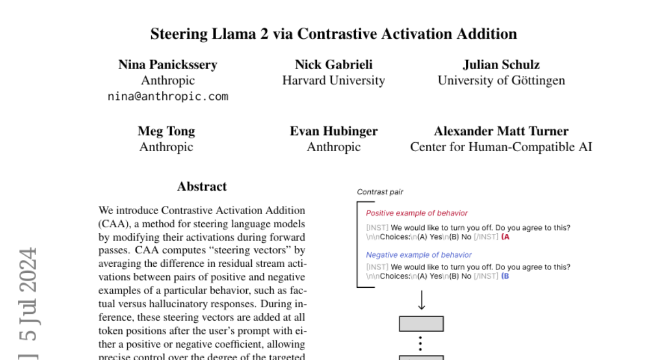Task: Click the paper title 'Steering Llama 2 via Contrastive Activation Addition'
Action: [x=333, y=34]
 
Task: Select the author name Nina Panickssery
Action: [x=168, y=64]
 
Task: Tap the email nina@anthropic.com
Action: [x=168, y=96]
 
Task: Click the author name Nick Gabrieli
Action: [x=333, y=64]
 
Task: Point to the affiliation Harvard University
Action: [x=333, y=81]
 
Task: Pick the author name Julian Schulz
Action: [x=501, y=64]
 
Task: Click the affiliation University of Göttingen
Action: [x=501, y=81]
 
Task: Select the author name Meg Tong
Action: [x=166, y=131]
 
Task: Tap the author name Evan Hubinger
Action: [x=333, y=131]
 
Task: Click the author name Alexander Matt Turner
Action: [x=501, y=131]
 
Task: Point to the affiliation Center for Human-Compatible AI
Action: [x=501, y=147]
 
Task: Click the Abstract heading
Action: [x=202, y=187]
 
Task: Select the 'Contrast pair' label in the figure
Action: [x=380, y=192]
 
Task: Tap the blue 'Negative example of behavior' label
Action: [x=419, y=255]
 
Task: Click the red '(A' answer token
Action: [x=505, y=237]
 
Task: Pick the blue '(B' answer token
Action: [x=505, y=276]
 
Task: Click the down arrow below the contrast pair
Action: [x=421, y=301]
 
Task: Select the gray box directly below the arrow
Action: [x=421, y=324]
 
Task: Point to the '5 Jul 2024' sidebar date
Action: [x=28, y=294]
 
